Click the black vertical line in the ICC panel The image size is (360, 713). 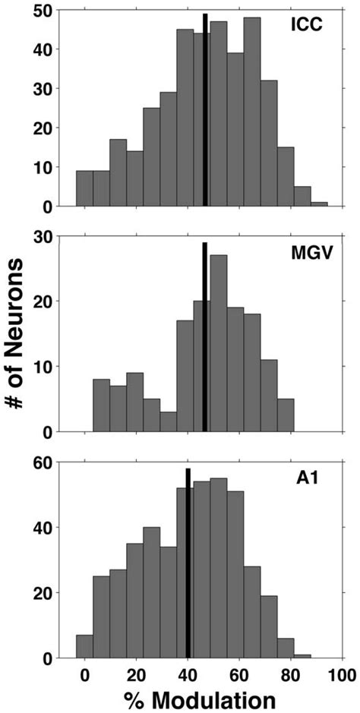point(205,110)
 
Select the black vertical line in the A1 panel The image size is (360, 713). point(188,563)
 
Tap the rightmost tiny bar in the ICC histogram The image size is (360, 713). point(319,204)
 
